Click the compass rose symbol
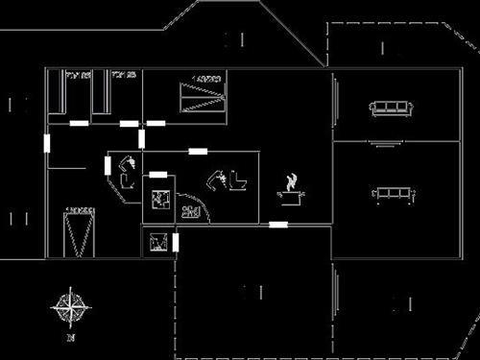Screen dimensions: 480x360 click(70, 307)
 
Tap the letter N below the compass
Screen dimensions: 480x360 click(70, 338)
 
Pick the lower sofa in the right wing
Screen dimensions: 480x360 click(394, 195)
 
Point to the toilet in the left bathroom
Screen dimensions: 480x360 click(125, 176)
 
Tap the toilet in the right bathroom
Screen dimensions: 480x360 click(230, 180)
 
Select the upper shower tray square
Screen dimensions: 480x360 click(158, 200)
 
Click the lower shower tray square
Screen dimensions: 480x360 click(158, 242)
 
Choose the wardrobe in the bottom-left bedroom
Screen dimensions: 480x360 click(80, 230)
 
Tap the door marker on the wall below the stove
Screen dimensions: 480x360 click(277, 225)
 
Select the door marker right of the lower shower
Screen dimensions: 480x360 click(176, 242)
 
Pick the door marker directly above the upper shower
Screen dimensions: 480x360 click(158, 175)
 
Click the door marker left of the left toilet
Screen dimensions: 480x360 click(108, 164)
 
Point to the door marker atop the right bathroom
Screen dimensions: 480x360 click(199, 151)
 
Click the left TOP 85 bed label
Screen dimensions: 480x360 click(77, 74)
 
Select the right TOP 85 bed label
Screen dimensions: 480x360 click(124, 74)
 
